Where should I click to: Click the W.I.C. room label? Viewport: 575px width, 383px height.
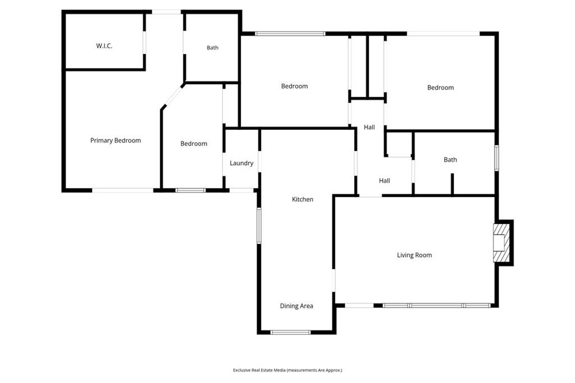tap(104, 46)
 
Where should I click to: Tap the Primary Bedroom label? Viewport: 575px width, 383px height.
tap(116, 140)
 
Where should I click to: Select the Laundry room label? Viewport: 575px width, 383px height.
tap(241, 163)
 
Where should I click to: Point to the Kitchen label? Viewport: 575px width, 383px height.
tap(303, 199)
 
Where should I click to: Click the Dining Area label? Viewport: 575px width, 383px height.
tap(296, 306)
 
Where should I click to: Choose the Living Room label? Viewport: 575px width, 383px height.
tap(414, 255)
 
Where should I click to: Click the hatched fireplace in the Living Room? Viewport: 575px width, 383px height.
tap(501, 243)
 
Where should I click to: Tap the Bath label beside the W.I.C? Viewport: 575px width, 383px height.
tap(212, 48)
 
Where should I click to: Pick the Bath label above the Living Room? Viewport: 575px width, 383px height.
tap(450, 159)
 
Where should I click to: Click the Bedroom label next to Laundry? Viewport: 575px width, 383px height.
tap(194, 144)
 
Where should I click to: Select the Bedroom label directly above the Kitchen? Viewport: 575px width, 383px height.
tap(294, 86)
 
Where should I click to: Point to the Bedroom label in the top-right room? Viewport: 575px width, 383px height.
tap(440, 88)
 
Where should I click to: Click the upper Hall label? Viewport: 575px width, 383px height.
tap(369, 127)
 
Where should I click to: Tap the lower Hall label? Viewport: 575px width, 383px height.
tap(384, 180)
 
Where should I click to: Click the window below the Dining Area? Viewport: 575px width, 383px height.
tap(290, 332)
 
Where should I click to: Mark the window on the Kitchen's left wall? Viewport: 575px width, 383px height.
tap(259, 226)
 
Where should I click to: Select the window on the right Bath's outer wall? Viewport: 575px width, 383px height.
tap(496, 158)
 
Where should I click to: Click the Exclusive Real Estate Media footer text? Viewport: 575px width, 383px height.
tap(287, 370)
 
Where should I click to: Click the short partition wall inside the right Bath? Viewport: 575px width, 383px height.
tap(452, 184)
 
